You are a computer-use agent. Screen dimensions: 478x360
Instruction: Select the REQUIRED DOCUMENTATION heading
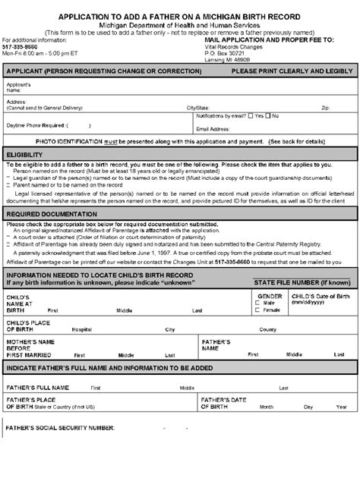coord(47,214)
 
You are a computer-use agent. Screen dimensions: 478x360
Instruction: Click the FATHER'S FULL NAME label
coord(38,387)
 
